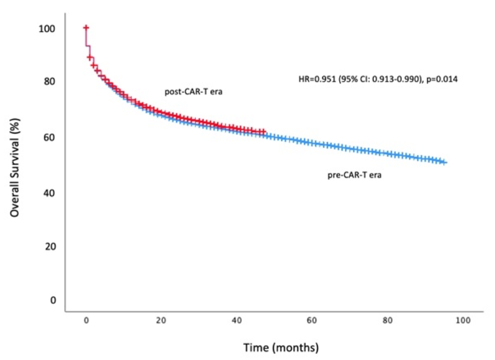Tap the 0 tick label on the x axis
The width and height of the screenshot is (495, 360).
[x=86, y=320]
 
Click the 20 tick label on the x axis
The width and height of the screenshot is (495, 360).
[x=161, y=320]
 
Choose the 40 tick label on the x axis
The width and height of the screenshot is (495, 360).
[x=237, y=320]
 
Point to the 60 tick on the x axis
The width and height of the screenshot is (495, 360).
[x=312, y=320]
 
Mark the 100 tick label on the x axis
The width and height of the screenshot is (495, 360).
[x=463, y=320]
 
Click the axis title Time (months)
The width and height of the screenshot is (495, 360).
[x=281, y=347]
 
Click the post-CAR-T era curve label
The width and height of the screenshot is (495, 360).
[x=190, y=92]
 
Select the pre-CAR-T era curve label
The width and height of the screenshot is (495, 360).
[x=350, y=176]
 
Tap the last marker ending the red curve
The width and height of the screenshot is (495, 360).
[x=264, y=132]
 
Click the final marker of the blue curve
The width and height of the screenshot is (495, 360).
[x=445, y=162]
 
